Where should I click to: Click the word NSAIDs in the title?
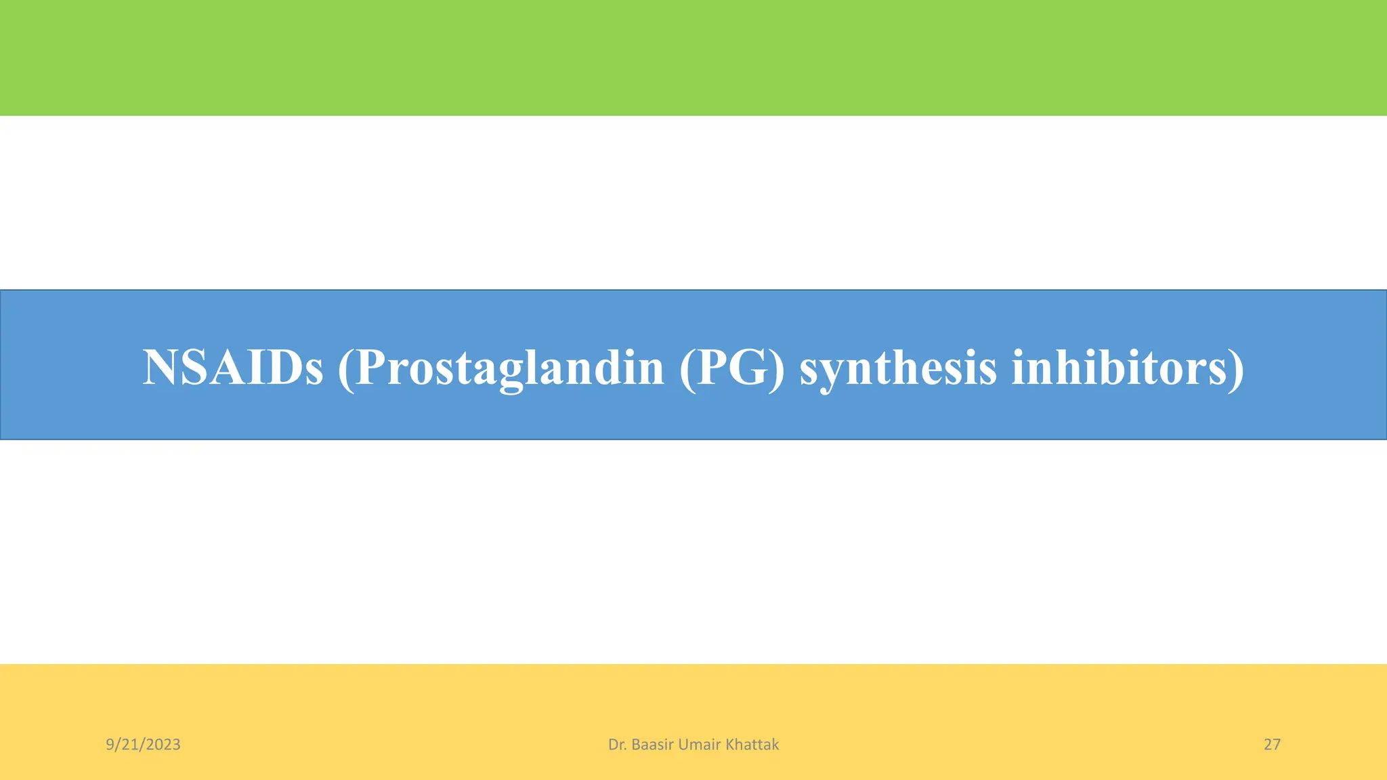point(233,368)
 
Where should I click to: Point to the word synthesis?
point(898,368)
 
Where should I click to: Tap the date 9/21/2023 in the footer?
point(143,745)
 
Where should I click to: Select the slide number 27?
point(1272,745)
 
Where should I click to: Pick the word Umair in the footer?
point(699,745)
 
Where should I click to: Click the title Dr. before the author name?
point(616,745)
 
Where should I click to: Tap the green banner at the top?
point(693,58)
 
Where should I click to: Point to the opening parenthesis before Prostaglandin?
point(345,369)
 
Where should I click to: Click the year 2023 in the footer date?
point(163,745)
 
